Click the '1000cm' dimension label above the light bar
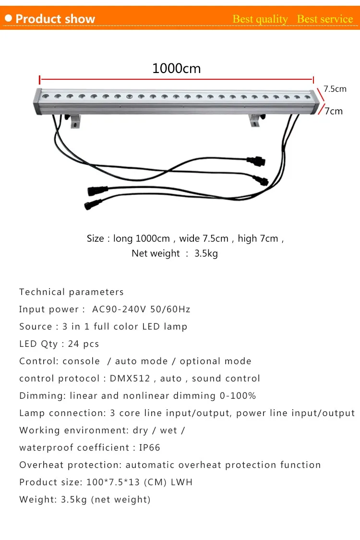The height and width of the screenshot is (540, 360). tap(176, 68)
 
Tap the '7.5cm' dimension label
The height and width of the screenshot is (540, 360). tap(335, 89)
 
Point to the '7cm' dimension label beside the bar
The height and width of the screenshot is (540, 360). tap(334, 111)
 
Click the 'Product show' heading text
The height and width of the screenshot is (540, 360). tap(55, 19)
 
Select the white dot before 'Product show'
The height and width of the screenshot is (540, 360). tap(8, 19)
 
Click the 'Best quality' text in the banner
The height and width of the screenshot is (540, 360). tap(260, 19)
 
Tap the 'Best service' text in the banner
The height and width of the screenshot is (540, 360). tap(325, 19)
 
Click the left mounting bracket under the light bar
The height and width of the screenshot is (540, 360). tap(75, 122)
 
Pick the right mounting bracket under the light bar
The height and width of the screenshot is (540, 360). tap(255, 121)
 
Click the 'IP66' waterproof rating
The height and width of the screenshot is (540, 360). tap(150, 448)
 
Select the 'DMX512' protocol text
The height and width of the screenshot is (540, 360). tap(130, 379)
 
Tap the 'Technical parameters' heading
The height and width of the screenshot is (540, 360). tap(72, 292)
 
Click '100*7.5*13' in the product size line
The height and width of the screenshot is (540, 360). tap(113, 482)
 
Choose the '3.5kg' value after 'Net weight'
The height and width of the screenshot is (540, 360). tap(206, 253)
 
